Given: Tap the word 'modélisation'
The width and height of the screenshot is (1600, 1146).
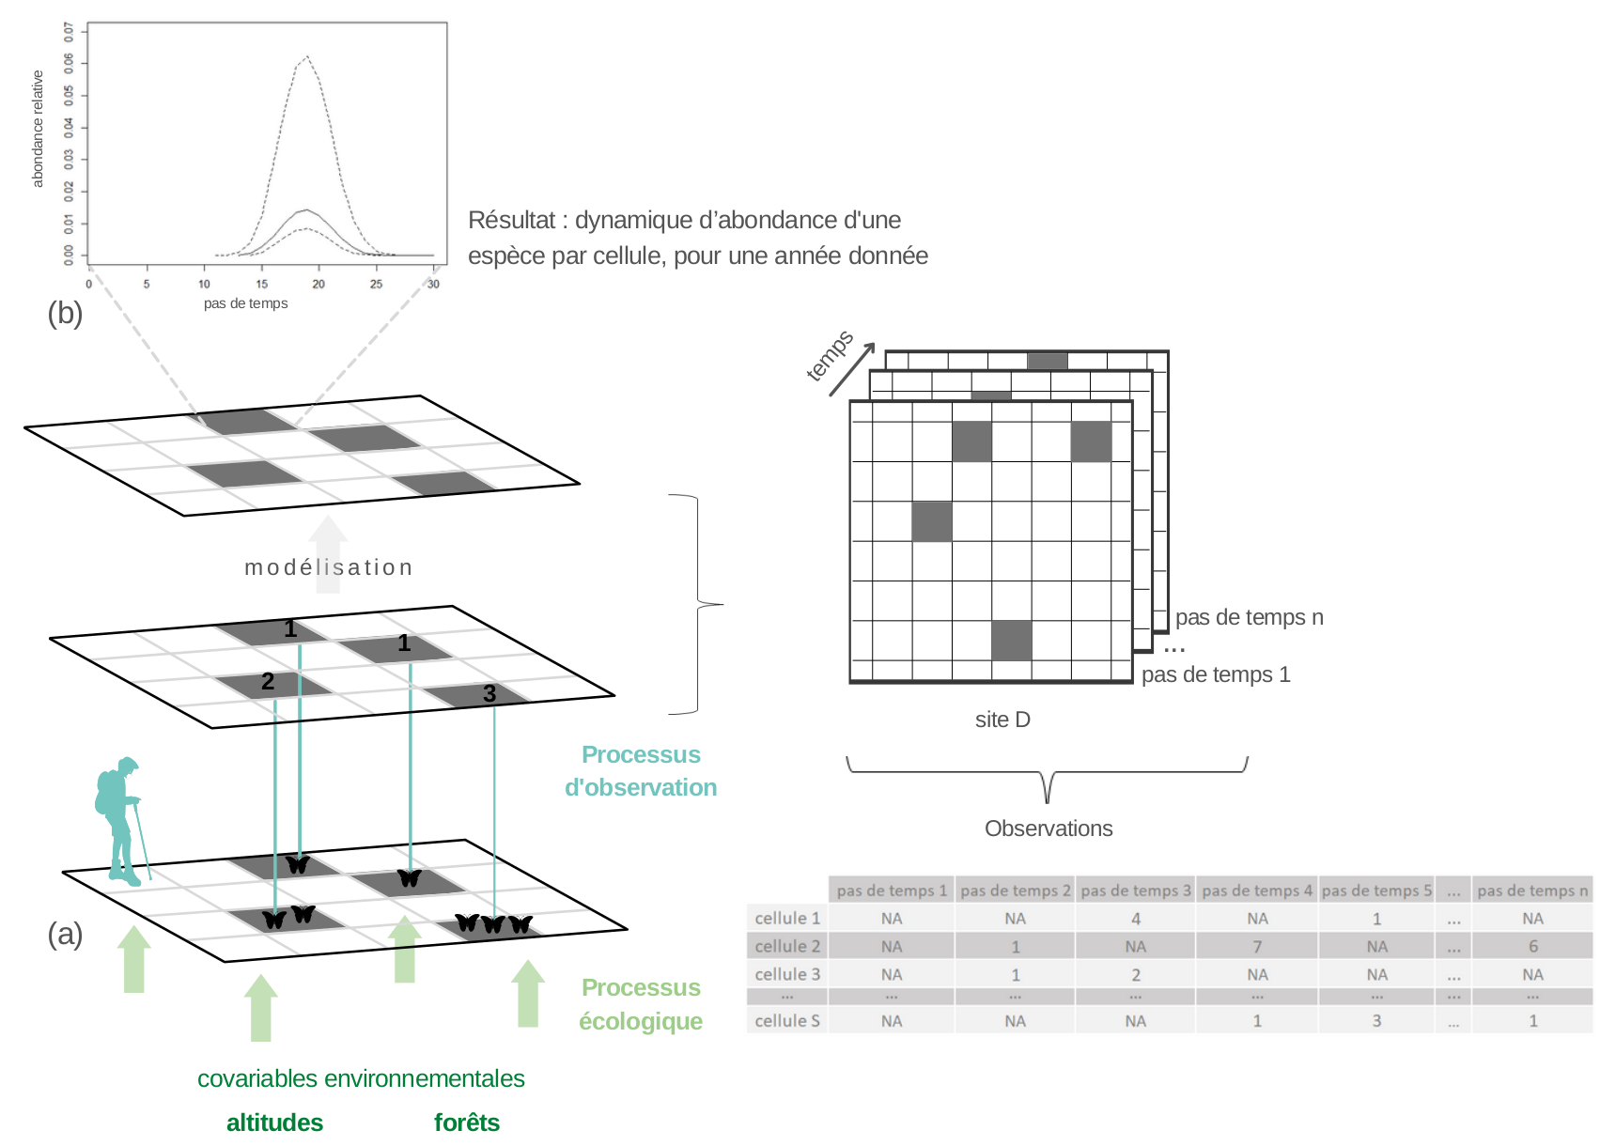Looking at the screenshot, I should [328, 567].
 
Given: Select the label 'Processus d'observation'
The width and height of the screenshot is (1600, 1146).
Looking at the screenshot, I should [641, 771].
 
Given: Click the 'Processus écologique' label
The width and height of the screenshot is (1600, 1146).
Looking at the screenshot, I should [641, 1004].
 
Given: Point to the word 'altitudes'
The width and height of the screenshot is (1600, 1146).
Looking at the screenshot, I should [274, 1123].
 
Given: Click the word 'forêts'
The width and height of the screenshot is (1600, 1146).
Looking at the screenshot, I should [466, 1123].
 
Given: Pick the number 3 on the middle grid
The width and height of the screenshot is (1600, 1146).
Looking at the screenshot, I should [489, 694].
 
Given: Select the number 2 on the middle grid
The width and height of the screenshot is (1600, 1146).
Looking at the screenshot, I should [268, 682].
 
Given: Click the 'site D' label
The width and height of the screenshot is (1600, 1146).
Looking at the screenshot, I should [1002, 720].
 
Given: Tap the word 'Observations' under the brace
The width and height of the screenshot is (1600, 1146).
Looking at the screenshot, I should [1049, 829].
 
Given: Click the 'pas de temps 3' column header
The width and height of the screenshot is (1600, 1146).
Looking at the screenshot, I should [1135, 890].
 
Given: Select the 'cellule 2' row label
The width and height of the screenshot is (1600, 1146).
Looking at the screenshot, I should [787, 946].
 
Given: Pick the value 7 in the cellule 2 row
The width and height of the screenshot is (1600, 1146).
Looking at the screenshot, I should [1257, 947].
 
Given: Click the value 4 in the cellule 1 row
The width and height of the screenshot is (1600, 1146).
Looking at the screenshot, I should [1135, 919].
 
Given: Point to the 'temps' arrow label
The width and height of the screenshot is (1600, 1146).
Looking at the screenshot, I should [830, 356].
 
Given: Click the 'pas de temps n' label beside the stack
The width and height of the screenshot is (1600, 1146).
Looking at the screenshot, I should [1249, 617].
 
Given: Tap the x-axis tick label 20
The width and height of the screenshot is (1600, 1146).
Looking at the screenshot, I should [318, 284].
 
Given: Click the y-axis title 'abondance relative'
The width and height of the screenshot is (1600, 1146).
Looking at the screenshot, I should [39, 129].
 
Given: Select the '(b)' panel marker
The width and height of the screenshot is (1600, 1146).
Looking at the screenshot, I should [65, 313].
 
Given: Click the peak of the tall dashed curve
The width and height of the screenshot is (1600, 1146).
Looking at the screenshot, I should [306, 56].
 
